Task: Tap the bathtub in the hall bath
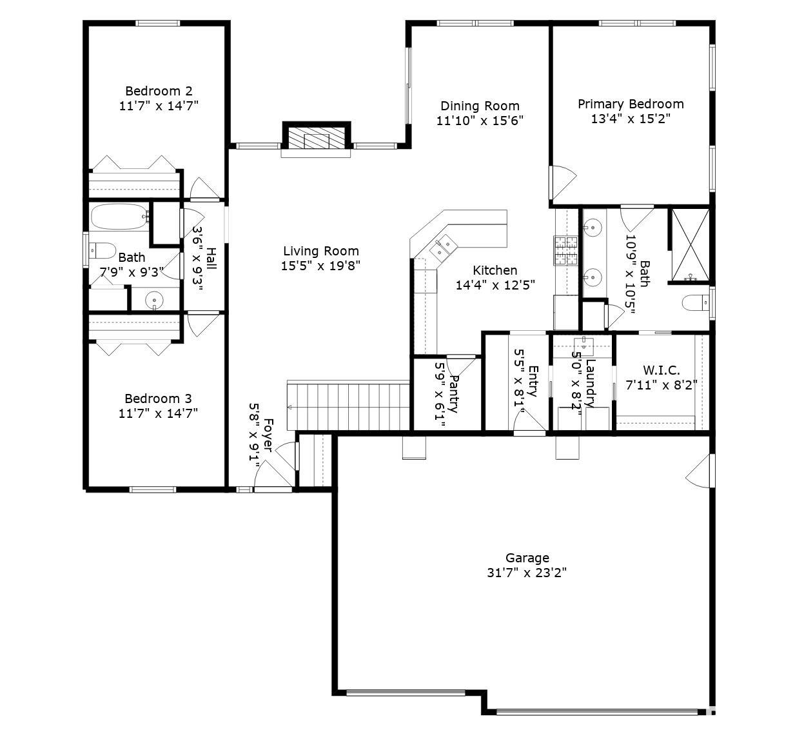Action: pyautogui.click(x=119, y=217)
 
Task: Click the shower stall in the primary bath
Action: pyautogui.click(x=691, y=245)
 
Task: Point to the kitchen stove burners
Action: pyautogui.click(x=565, y=251)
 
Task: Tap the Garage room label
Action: pyautogui.click(x=527, y=558)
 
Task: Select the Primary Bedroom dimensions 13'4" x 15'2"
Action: pyautogui.click(x=630, y=119)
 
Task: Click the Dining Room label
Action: pyautogui.click(x=480, y=106)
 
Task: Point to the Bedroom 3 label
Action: pyautogui.click(x=158, y=399)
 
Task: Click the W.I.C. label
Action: pyautogui.click(x=661, y=370)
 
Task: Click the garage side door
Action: pyautogui.click(x=700, y=469)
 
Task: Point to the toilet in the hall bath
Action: pyautogui.click(x=101, y=249)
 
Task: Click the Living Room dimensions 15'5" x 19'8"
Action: pyautogui.click(x=320, y=265)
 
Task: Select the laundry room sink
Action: pyautogui.click(x=583, y=341)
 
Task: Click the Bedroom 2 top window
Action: pyautogui.click(x=157, y=24)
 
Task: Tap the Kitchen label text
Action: pyautogui.click(x=495, y=270)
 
